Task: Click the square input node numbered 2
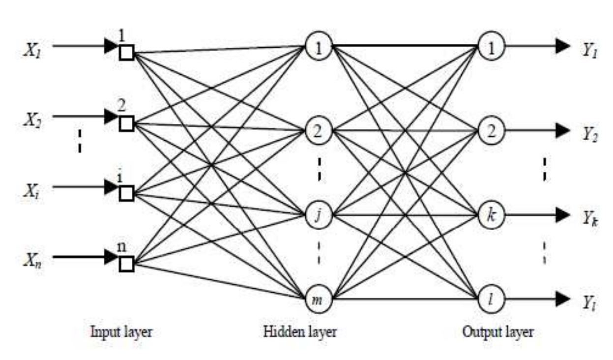coord(126,123)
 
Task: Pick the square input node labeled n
coord(126,265)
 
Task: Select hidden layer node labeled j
coord(319,215)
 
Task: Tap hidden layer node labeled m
coord(319,298)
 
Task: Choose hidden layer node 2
coord(319,131)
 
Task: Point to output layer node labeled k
coord(491,215)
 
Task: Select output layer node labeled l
coord(491,298)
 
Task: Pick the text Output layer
coord(497,332)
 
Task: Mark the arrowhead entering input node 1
coord(111,47)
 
